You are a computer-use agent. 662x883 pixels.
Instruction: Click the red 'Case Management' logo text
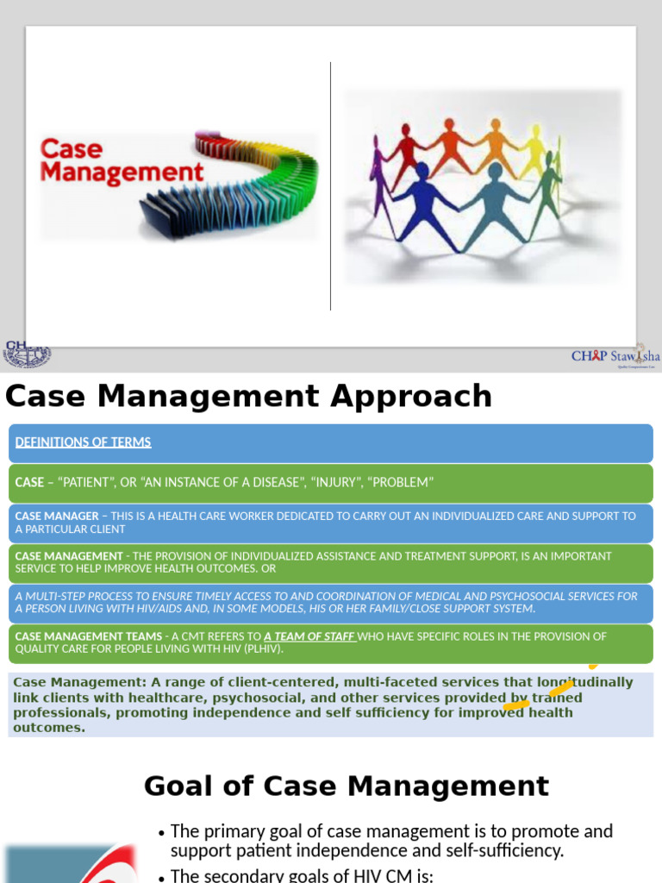pyautogui.click(x=122, y=160)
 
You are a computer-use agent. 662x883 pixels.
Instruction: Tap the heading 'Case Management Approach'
pyautogui.click(x=248, y=397)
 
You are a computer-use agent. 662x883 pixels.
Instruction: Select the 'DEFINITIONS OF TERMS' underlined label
pyautogui.click(x=83, y=442)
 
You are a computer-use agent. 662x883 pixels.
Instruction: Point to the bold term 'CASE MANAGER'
pyautogui.click(x=57, y=516)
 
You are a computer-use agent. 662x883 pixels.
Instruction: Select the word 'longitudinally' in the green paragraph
pyautogui.click(x=584, y=682)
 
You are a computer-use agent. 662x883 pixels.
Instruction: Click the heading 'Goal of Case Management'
pyautogui.click(x=346, y=786)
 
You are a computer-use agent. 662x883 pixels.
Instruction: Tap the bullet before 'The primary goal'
pyautogui.click(x=161, y=833)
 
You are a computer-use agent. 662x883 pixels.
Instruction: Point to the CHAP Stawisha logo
pyautogui.click(x=615, y=356)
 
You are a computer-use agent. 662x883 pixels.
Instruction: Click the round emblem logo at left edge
pyautogui.click(x=28, y=354)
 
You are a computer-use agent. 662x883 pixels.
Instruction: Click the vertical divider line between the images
pyautogui.click(x=331, y=185)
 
